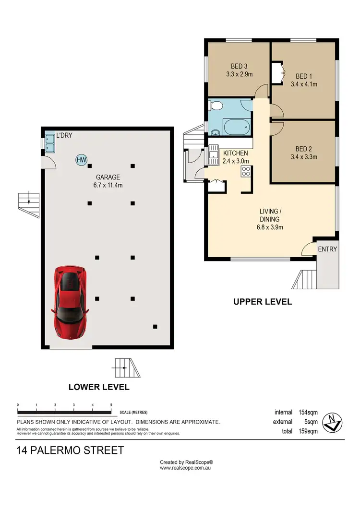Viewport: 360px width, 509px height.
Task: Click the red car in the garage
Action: [x=70, y=302]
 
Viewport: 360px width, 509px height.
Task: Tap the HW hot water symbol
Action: [x=81, y=160]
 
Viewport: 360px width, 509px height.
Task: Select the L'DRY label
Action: [x=64, y=136]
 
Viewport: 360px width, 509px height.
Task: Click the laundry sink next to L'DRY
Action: [x=50, y=142]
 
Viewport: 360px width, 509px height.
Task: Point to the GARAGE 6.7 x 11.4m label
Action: [x=107, y=181]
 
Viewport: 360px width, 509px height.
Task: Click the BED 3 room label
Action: [x=239, y=71]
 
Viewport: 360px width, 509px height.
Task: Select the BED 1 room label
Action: [x=304, y=80]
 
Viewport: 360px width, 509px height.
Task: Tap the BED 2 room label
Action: [x=304, y=153]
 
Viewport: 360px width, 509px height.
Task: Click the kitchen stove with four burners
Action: [x=246, y=171]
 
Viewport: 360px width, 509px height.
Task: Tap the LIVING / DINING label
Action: [x=269, y=219]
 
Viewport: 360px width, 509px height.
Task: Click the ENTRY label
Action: [x=328, y=249]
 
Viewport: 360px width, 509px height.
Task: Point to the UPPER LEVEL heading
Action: [x=263, y=302]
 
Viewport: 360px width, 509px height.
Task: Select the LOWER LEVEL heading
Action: [x=99, y=387]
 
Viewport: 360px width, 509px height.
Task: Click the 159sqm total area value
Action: [x=307, y=431]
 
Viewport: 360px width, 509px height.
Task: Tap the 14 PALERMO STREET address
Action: [x=70, y=450]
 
